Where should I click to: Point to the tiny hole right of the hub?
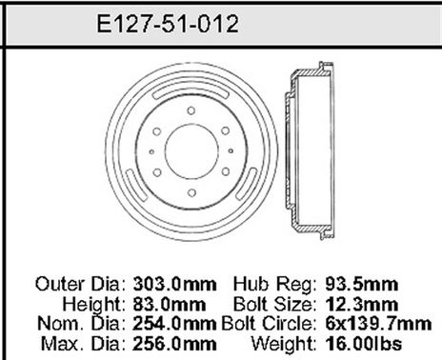[242, 150]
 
